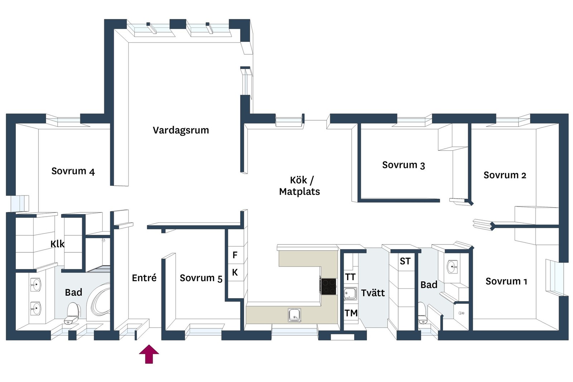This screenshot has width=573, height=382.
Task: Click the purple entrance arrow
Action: tap(149, 354)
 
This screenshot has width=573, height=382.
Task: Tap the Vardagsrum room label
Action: tap(181, 130)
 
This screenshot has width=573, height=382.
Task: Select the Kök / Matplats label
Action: tap(299, 186)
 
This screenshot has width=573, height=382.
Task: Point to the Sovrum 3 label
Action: tap(403, 165)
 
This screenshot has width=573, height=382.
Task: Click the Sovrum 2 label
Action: tap(505, 175)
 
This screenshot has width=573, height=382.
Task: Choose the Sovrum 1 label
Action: tap(506, 281)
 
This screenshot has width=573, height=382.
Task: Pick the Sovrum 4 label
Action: tap(73, 171)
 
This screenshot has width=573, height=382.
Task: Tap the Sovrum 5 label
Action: tap(201, 278)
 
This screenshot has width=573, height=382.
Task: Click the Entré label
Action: tap(144, 278)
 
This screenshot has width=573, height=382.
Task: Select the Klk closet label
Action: tap(58, 244)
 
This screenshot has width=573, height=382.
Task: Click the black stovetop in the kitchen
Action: tap(328, 286)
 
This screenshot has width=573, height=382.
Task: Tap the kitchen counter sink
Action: tap(294, 315)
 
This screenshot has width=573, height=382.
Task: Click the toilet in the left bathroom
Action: tap(72, 313)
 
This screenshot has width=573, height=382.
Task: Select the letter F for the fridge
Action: tap(235, 255)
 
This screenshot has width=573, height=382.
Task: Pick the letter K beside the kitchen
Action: tap(235, 272)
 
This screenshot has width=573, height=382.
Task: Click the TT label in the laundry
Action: tap(350, 277)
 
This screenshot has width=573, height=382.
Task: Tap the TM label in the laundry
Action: tap(351, 313)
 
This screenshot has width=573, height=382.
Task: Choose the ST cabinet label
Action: tap(405, 261)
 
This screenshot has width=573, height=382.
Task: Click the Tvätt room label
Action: tap(373, 293)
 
